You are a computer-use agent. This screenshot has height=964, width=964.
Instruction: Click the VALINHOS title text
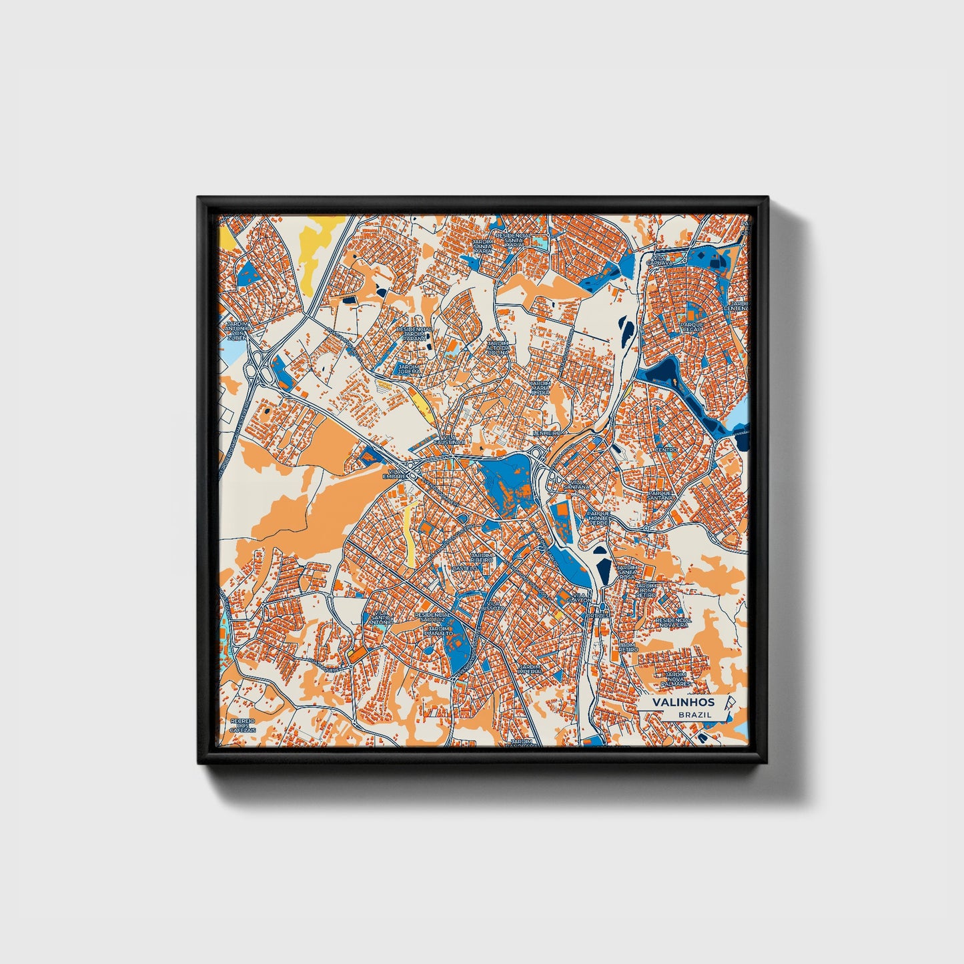point(683,702)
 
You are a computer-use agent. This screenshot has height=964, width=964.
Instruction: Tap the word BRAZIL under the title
point(694,714)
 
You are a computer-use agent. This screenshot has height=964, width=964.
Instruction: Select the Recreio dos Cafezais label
point(243,726)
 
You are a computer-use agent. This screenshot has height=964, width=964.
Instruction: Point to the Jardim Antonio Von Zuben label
point(237,330)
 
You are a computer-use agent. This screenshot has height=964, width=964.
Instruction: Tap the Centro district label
point(666,450)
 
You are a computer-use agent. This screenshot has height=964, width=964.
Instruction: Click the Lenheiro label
point(548,433)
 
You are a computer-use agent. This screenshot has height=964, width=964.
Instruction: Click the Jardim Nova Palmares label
point(676,679)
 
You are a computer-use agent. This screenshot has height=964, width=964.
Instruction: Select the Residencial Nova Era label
point(673,622)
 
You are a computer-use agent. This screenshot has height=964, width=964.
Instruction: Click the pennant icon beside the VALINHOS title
point(729,702)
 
